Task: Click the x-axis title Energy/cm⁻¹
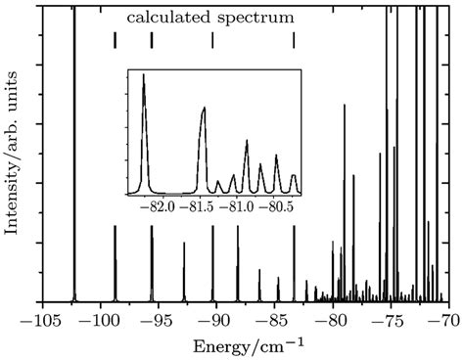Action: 245,343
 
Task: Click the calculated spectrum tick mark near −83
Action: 294,40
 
